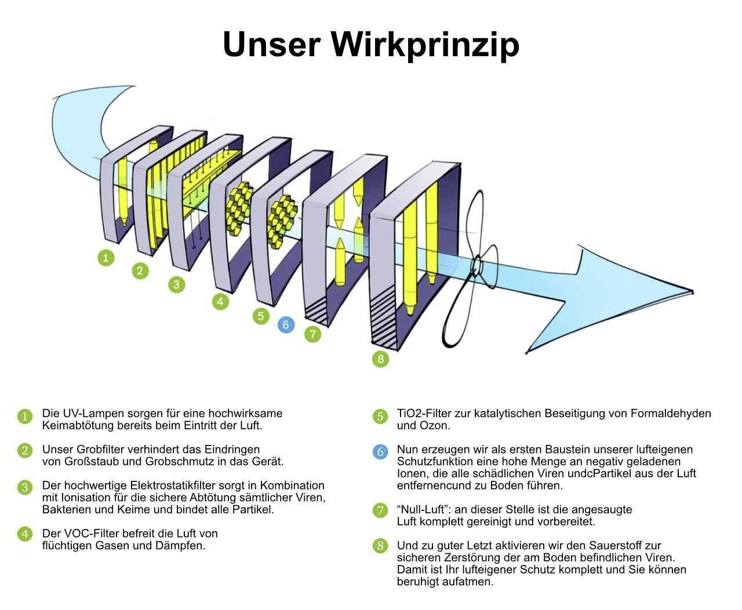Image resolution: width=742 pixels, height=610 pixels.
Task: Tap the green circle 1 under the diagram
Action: coord(106,257)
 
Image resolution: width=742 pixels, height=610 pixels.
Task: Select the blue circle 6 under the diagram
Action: coord(286,325)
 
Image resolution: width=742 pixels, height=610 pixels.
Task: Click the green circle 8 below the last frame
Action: coord(380,359)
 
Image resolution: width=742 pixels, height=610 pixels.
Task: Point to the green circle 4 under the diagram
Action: coord(220,302)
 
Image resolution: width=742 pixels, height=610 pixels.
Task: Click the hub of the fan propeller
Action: coord(476,267)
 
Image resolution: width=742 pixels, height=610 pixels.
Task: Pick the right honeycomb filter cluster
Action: coord(282,221)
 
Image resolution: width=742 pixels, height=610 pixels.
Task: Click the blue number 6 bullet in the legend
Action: coord(380,452)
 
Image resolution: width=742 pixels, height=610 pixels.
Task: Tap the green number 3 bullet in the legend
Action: coord(24,487)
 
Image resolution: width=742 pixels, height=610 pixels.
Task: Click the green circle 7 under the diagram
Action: coord(312,334)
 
